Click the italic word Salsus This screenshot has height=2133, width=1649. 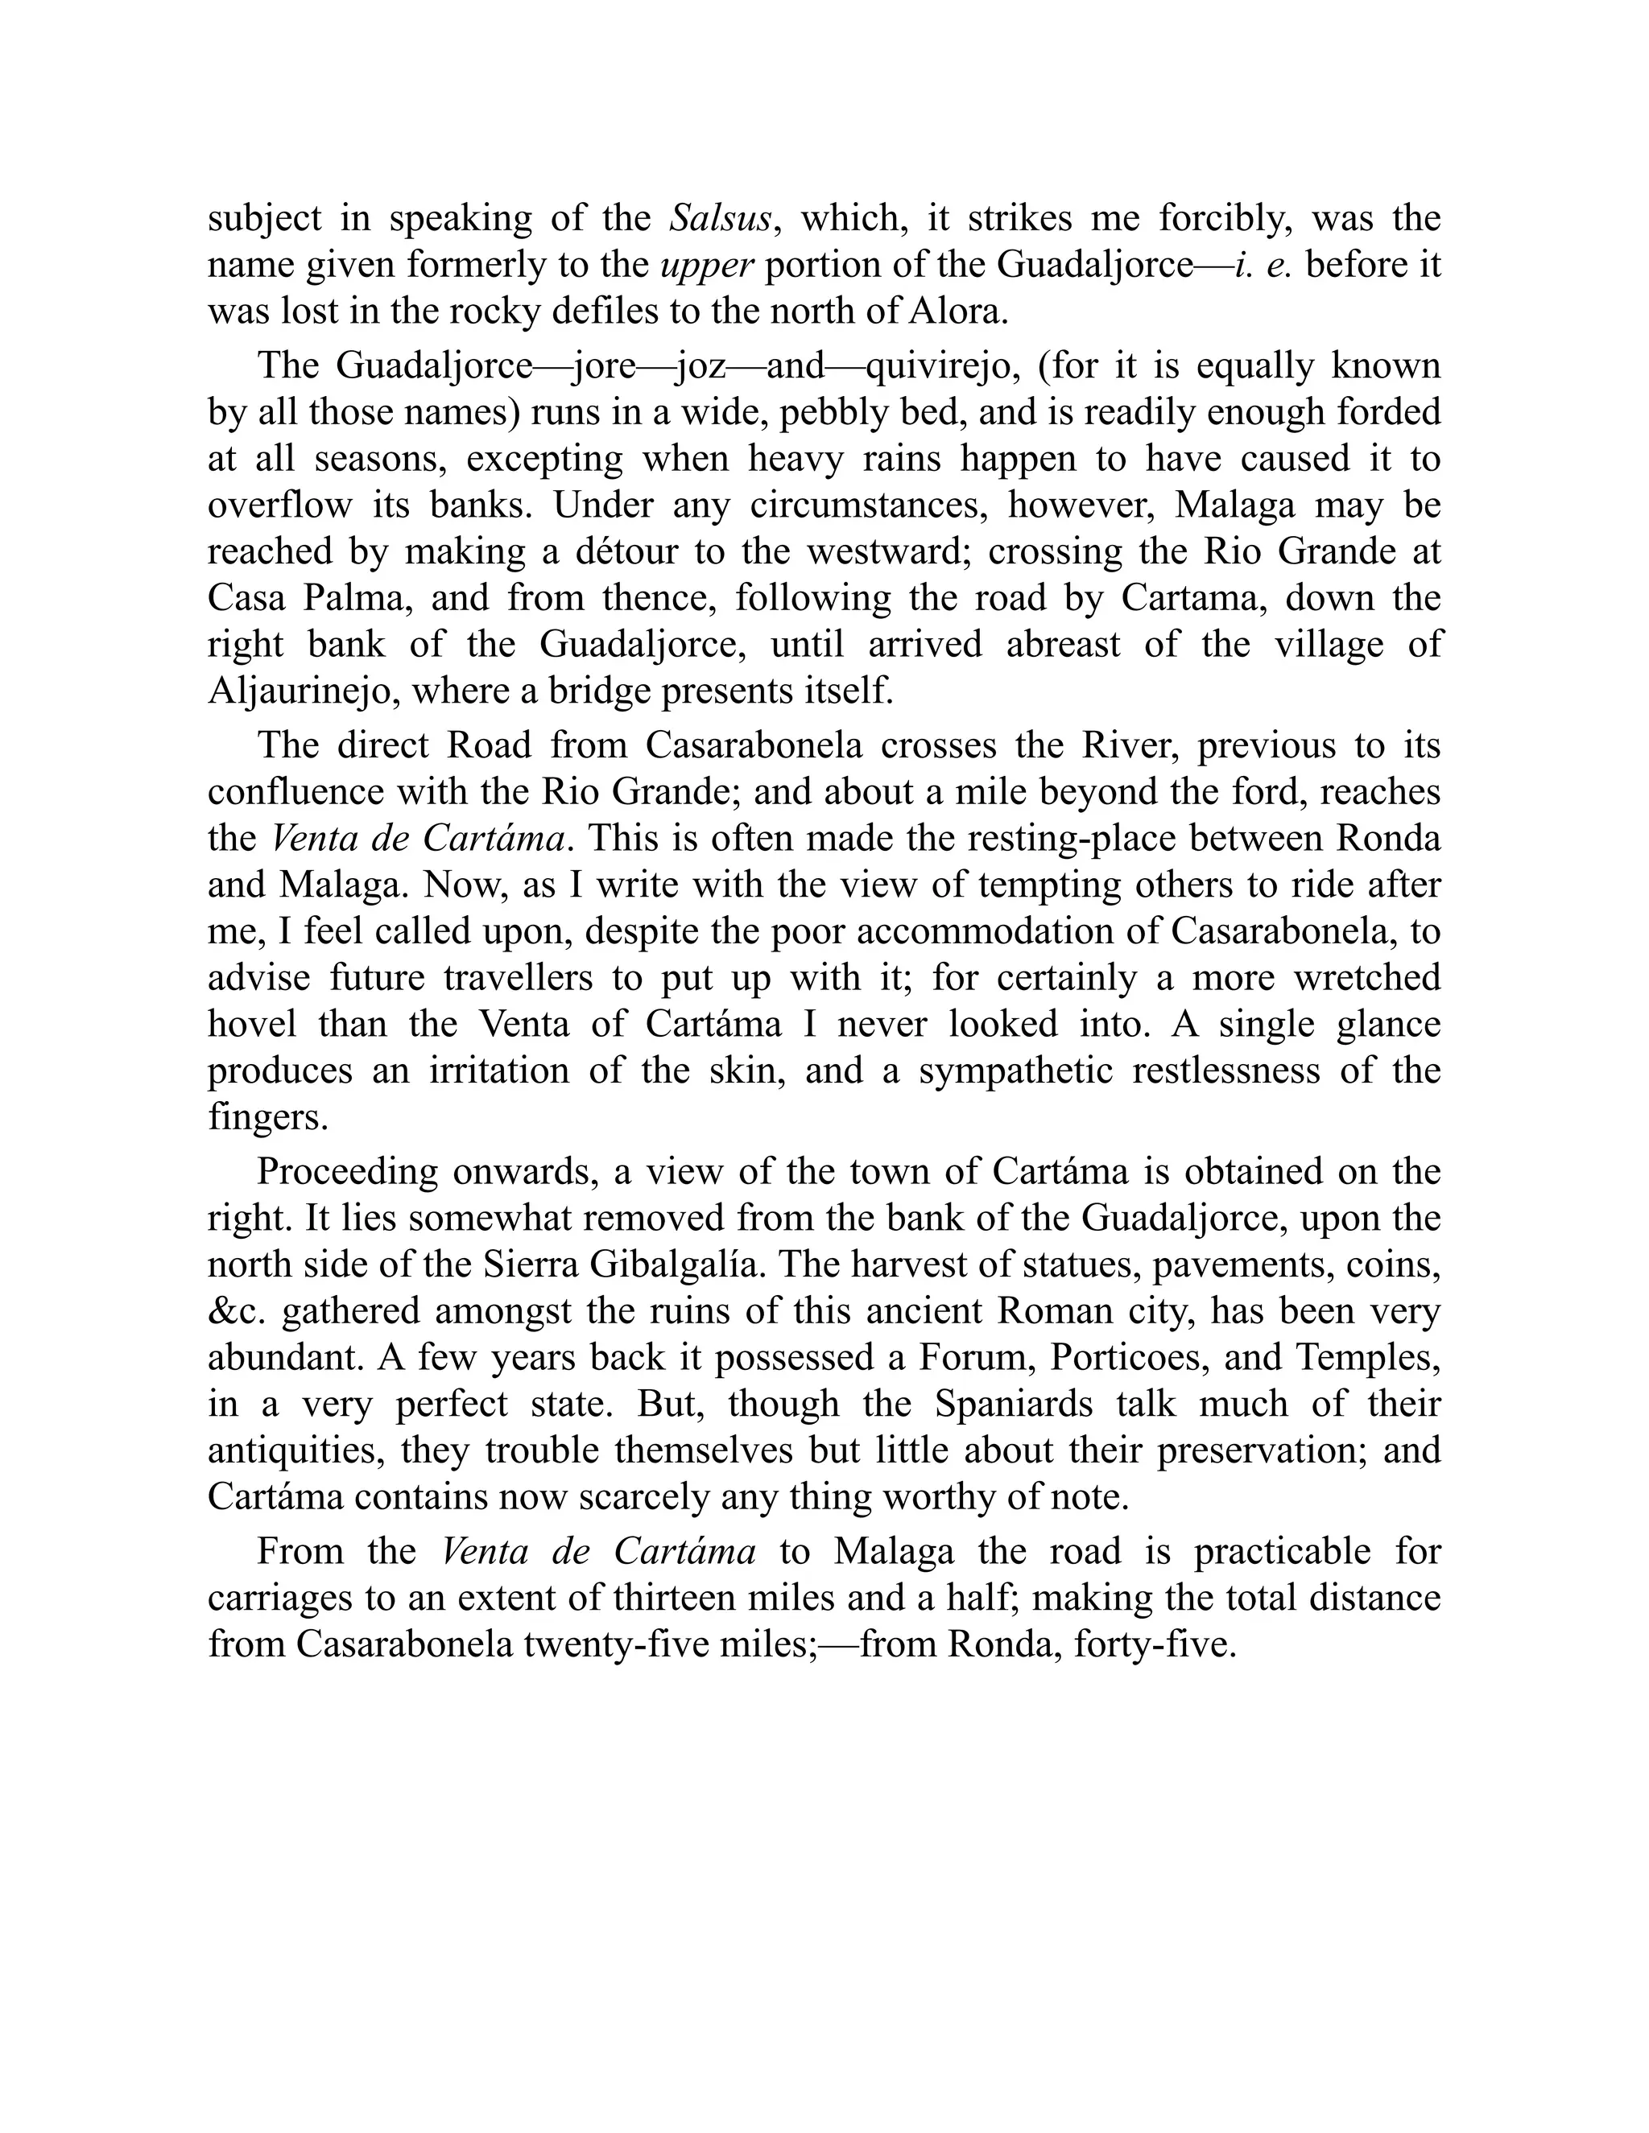[x=720, y=218]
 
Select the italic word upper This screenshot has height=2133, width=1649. [x=705, y=265]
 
